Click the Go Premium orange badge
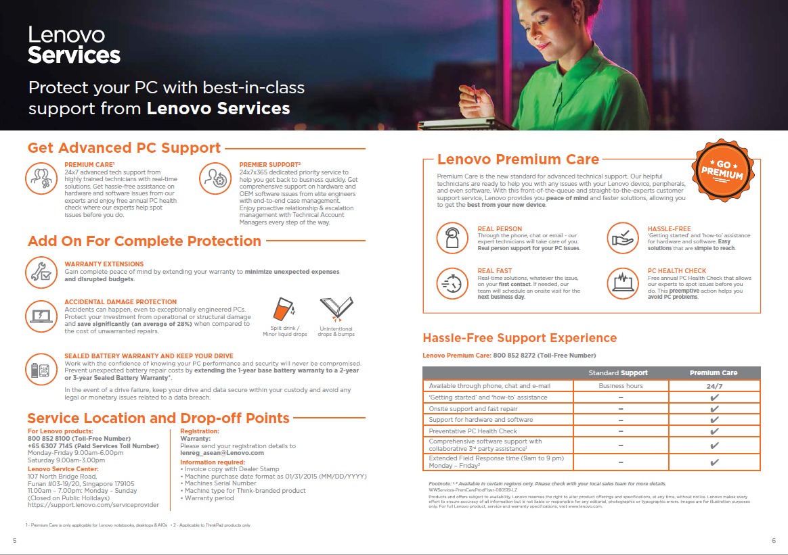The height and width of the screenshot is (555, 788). (722, 170)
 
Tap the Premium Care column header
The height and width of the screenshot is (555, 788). (714, 372)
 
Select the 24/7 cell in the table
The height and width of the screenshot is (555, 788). (714, 386)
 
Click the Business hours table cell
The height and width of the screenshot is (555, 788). (621, 386)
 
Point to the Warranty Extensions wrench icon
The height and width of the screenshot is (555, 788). (41, 272)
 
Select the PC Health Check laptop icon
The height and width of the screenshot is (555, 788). (622, 283)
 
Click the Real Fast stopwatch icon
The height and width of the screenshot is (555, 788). (452, 283)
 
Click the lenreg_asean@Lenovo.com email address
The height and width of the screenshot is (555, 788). (221, 453)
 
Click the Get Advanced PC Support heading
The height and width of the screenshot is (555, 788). (124, 148)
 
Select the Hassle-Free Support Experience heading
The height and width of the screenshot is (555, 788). (519, 338)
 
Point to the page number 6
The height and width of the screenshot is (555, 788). (773, 539)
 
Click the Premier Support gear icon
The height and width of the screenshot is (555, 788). (215, 178)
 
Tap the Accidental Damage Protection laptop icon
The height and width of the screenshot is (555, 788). (41, 314)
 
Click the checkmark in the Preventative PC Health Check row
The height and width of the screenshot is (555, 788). (714, 431)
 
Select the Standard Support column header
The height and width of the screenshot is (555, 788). (617, 372)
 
